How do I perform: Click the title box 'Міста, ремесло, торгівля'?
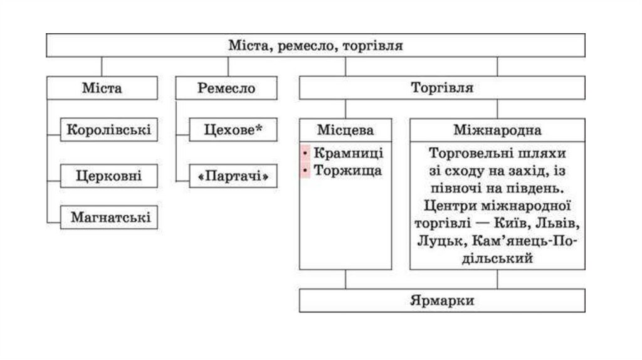[x=315, y=45]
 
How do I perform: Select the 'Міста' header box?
[x=102, y=88]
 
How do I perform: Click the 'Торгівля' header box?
[x=442, y=88]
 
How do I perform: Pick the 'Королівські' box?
[x=109, y=130]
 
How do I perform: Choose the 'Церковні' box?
[x=109, y=176]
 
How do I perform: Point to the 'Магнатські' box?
[x=109, y=218]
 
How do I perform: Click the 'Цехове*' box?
[x=233, y=130]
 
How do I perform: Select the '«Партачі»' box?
[x=233, y=177]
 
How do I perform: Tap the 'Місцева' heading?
[x=345, y=130]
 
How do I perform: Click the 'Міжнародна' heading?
[x=498, y=130]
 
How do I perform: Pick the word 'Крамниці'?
[x=348, y=154]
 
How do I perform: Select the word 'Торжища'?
[x=347, y=170]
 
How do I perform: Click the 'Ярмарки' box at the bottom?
[x=442, y=300]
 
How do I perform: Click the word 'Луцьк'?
[x=434, y=240]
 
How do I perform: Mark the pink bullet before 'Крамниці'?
[x=305, y=154]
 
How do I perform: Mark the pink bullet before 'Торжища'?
[x=305, y=170]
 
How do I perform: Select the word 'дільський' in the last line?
[x=497, y=258]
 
